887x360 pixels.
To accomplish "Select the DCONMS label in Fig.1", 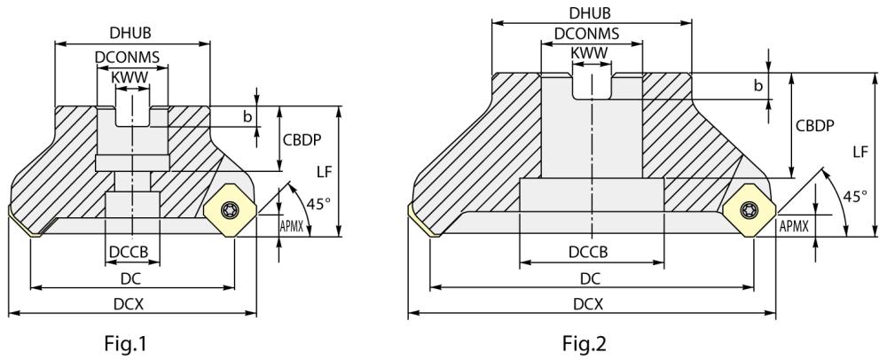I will [131, 59].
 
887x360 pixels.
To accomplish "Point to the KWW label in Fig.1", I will [131, 77].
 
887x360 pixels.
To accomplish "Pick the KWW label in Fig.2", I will [589, 54].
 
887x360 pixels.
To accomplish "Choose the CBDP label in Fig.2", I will [817, 126].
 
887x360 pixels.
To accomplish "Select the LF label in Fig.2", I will [860, 152].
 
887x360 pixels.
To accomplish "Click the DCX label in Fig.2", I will [589, 303].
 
